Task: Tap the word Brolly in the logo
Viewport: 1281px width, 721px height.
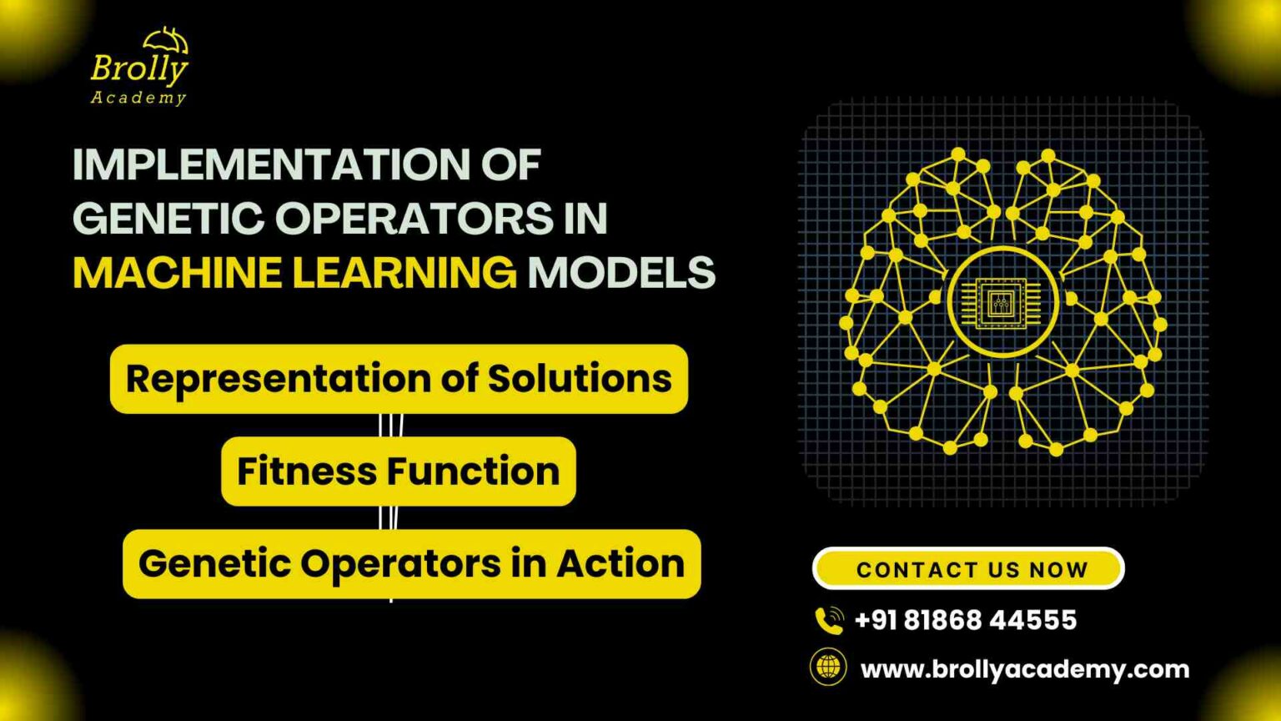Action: [x=139, y=68]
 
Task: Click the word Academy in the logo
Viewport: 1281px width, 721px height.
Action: [x=138, y=98]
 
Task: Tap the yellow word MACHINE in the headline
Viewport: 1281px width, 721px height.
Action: [x=176, y=273]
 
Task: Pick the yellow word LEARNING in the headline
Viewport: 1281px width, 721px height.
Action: [x=404, y=273]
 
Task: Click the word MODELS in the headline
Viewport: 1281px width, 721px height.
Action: [x=621, y=273]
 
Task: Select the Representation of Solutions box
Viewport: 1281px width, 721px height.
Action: [x=399, y=379]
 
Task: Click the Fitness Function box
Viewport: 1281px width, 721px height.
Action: [x=399, y=471]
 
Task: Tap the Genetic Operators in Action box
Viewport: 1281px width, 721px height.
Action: [x=411, y=564]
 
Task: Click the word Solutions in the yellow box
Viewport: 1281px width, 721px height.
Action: [x=580, y=379]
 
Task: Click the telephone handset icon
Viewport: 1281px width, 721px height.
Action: [x=829, y=620]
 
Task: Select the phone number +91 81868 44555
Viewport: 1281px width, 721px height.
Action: [x=966, y=620]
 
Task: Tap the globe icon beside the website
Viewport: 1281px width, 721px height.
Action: [x=828, y=668]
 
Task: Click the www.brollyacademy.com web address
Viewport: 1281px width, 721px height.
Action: [x=1025, y=669]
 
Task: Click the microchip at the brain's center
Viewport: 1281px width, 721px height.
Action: [x=1001, y=301]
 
